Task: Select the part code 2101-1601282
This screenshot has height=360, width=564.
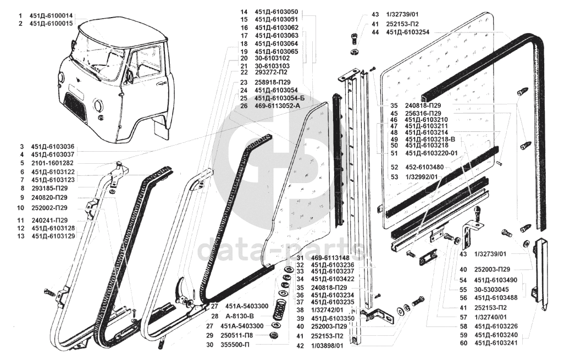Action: click(50, 163)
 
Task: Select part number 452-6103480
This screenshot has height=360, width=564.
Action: click(424, 167)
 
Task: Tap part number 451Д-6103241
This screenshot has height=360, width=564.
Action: click(496, 344)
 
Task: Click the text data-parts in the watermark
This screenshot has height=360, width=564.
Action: click(281, 250)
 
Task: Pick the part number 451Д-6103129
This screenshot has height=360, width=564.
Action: click(53, 236)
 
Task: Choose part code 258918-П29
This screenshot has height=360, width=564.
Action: click(273, 82)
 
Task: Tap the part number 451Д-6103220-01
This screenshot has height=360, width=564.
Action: click(432, 153)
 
